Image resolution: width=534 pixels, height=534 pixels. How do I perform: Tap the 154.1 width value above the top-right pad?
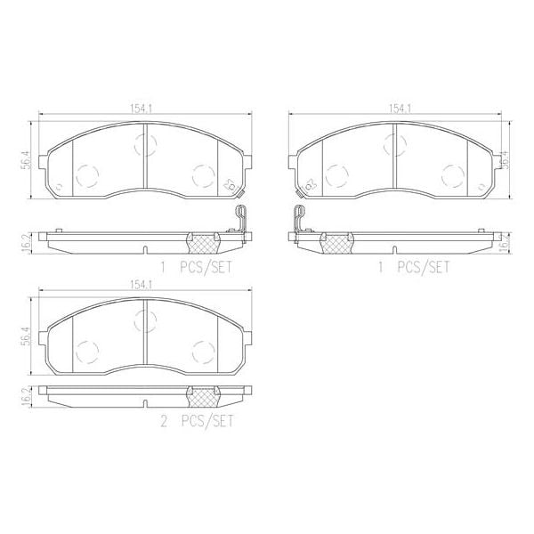(x=398, y=109)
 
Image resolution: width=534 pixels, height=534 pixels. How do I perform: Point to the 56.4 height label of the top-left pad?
(x=28, y=158)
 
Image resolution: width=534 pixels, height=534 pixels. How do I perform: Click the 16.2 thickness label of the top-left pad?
(x=28, y=239)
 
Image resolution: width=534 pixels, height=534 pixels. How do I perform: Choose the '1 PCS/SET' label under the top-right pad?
(x=415, y=266)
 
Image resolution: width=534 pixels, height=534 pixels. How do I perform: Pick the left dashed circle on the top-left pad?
(x=87, y=176)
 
